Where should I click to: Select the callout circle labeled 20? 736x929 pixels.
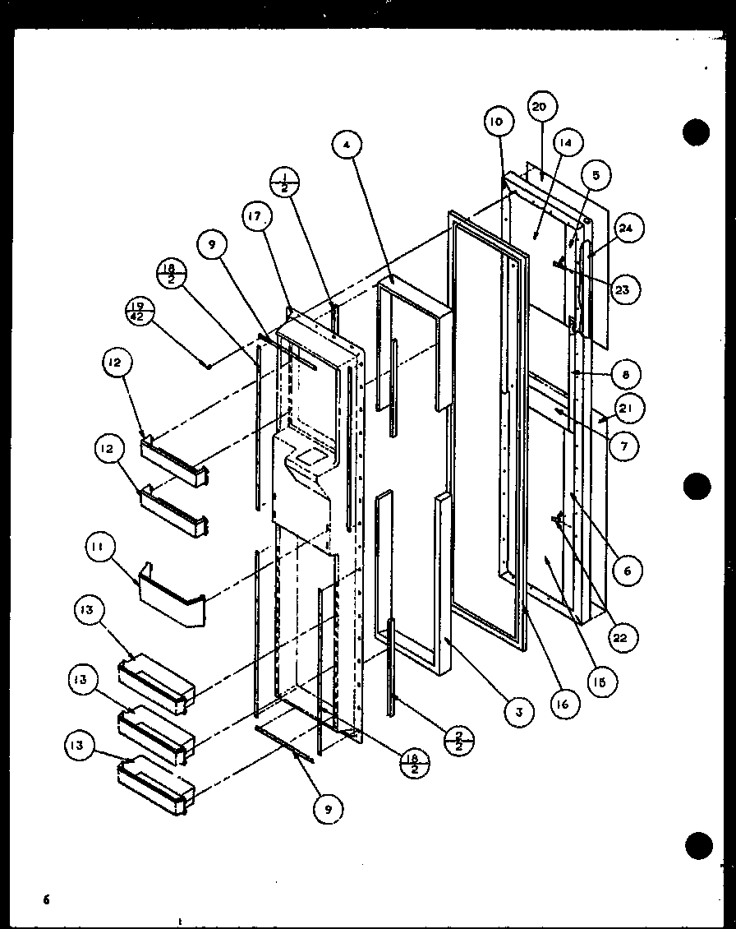(540, 106)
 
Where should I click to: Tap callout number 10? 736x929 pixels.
(498, 122)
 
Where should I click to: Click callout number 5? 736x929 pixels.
(595, 175)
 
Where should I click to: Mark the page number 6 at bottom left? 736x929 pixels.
(47, 899)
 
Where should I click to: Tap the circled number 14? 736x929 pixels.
(566, 143)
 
